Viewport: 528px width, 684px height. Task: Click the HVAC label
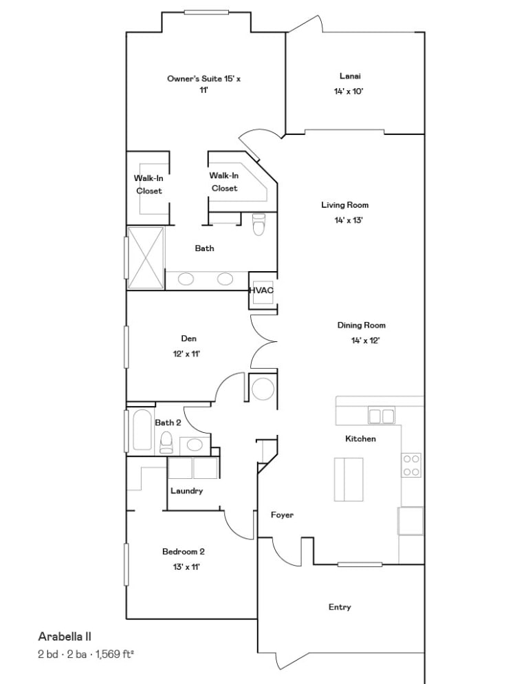pos(261,290)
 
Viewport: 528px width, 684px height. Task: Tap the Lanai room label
pos(350,76)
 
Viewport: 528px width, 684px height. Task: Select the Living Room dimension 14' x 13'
pos(349,220)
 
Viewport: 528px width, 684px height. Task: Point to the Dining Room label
pos(362,325)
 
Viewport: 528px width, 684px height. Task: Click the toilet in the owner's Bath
pos(258,224)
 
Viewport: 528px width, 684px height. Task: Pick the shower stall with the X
pos(146,258)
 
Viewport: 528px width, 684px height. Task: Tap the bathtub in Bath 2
pos(142,430)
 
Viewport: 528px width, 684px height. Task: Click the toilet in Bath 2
pos(166,442)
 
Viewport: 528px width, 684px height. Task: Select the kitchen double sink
pos(382,416)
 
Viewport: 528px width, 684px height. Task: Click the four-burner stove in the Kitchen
pos(411,465)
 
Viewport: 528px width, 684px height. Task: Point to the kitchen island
pos(349,480)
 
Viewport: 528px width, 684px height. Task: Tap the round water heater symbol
pos(263,389)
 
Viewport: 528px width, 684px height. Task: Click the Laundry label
pos(186,491)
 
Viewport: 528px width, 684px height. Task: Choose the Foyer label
pos(282,515)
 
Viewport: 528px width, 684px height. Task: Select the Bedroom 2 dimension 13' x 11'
pos(186,567)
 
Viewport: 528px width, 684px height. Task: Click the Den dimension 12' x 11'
pos(186,354)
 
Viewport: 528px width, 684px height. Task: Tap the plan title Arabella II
pos(65,637)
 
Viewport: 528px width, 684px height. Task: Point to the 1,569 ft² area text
pos(114,654)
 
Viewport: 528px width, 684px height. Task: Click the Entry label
pos(340,607)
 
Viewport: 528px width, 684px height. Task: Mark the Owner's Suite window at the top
pos(206,12)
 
